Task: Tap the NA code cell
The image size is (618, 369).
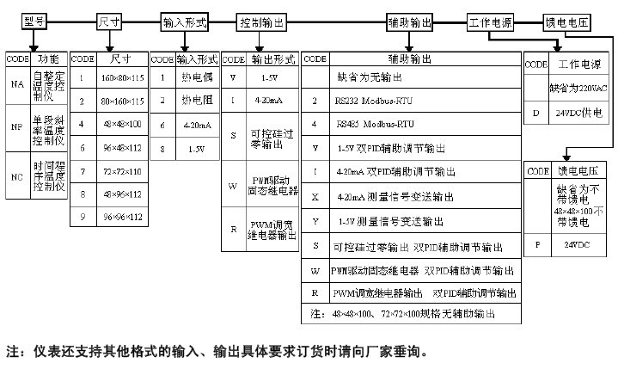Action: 17,85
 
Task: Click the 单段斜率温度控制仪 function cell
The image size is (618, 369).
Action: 49,127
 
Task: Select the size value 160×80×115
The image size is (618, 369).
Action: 121,78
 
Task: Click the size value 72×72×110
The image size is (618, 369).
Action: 121,171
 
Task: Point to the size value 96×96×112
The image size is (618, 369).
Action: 121,218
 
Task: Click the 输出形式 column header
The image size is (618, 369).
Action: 273,59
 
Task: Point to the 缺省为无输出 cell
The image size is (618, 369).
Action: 370,78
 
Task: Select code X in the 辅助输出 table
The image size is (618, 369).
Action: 315,197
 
